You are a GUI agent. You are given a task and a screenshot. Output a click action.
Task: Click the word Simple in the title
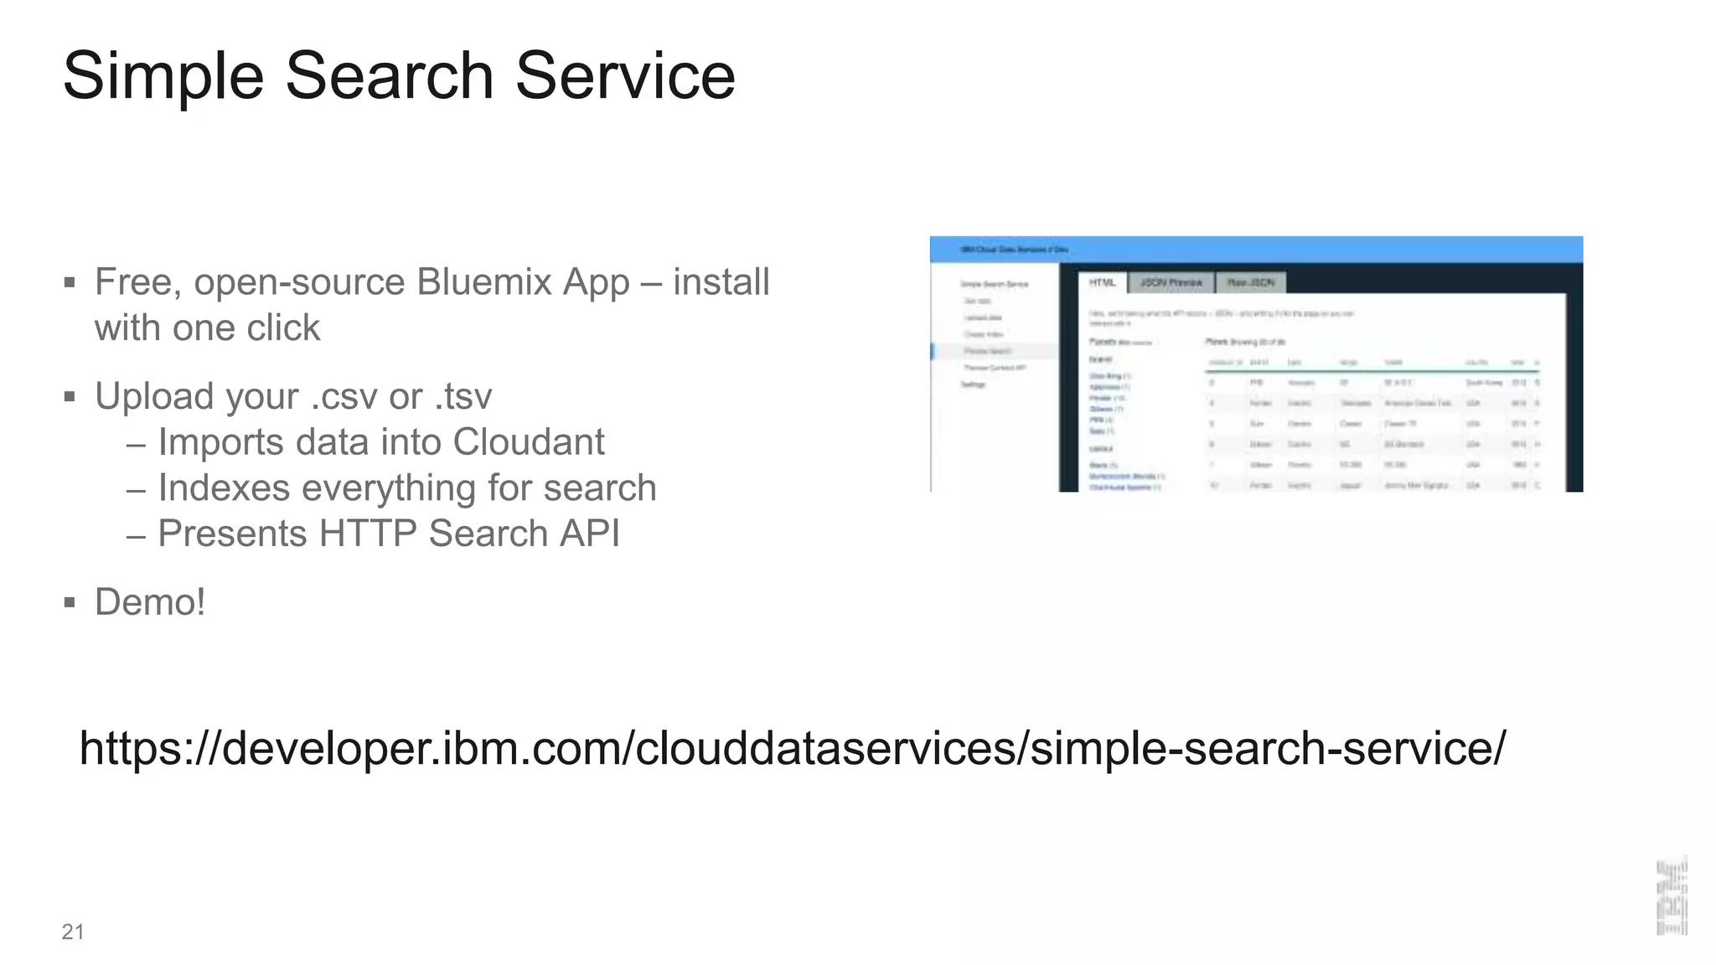point(163,77)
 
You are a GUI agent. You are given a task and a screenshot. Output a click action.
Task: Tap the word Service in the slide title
point(625,75)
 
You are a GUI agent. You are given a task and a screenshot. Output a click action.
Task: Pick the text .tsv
point(463,397)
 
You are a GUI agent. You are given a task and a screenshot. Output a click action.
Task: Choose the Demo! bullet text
point(150,602)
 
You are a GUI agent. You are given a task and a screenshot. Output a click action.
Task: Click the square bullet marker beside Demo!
point(70,602)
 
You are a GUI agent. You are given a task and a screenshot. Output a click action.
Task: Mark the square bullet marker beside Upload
point(70,397)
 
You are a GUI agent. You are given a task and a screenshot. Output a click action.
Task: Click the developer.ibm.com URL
point(792,748)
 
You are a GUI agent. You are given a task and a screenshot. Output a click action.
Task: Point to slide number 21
point(73,931)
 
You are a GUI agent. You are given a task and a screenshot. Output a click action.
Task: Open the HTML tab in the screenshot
point(1103,283)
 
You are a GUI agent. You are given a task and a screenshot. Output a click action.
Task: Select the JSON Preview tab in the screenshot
point(1171,283)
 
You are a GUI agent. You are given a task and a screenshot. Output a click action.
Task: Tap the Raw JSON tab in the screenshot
point(1250,283)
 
